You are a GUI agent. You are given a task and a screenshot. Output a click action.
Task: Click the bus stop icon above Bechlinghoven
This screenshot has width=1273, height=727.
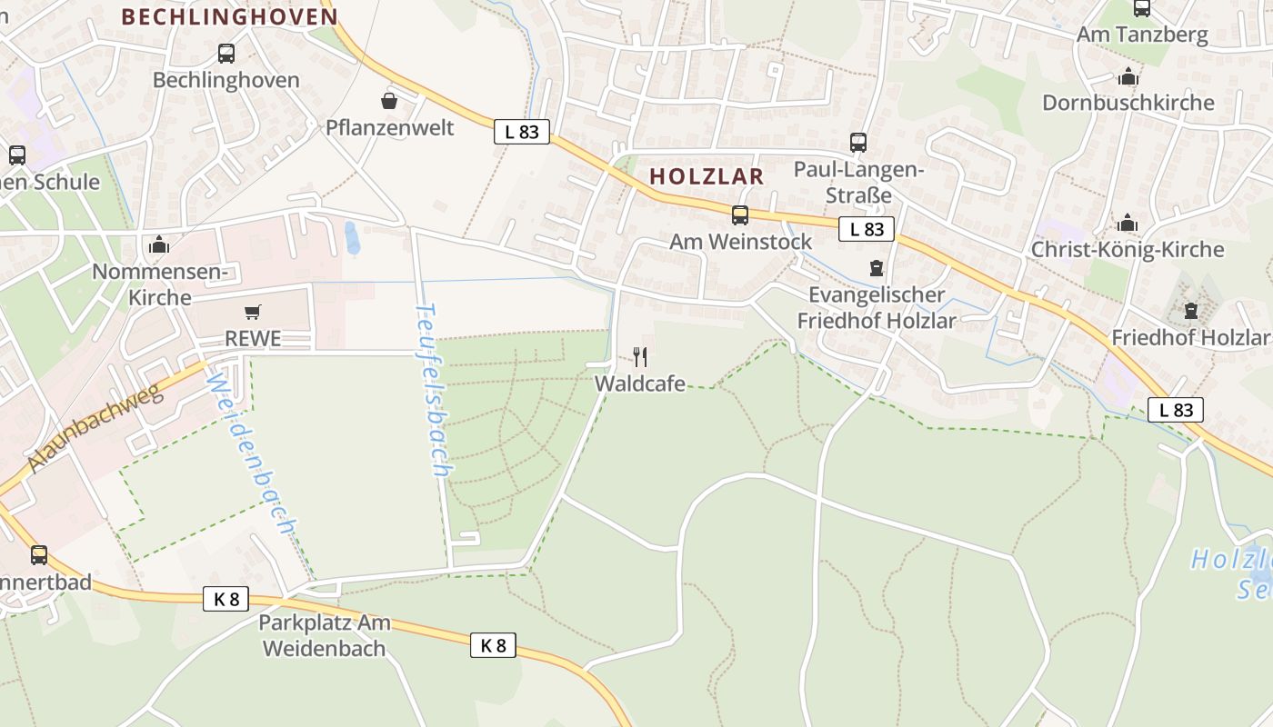pyautogui.click(x=226, y=54)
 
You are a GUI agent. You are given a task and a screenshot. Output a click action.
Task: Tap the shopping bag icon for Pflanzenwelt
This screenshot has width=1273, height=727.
pyautogui.click(x=389, y=100)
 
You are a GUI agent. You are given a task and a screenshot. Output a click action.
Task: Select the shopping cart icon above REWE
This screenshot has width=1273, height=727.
pyautogui.click(x=253, y=313)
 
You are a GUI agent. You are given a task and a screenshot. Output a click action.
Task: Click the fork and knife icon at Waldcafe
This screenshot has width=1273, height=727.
pyautogui.click(x=640, y=356)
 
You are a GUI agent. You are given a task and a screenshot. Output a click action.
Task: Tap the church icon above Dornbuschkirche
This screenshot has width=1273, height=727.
pyautogui.click(x=1128, y=76)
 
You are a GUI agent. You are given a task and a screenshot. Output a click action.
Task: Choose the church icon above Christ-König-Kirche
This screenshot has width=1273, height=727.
pyautogui.click(x=1128, y=223)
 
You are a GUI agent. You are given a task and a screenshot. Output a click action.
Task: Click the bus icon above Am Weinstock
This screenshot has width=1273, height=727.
pyautogui.click(x=740, y=215)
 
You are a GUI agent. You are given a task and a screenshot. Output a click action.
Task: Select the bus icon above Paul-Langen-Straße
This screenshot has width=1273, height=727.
pyautogui.click(x=858, y=143)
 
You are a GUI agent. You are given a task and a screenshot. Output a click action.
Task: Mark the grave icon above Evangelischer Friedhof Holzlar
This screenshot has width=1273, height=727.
pyautogui.click(x=877, y=268)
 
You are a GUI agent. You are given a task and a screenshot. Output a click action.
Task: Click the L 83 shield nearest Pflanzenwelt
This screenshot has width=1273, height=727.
pyautogui.click(x=522, y=132)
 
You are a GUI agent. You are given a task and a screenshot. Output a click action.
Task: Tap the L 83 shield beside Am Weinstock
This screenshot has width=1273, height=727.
pyautogui.click(x=867, y=229)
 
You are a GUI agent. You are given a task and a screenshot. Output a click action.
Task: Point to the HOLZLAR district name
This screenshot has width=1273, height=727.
pyautogui.click(x=707, y=176)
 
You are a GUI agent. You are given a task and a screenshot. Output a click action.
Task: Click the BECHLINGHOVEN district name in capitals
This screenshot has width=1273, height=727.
pyautogui.click(x=229, y=16)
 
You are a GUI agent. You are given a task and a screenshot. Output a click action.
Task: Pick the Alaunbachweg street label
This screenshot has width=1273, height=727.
pyautogui.click(x=95, y=428)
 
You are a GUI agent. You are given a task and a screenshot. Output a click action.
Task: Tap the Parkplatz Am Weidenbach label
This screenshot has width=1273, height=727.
pyautogui.click(x=325, y=635)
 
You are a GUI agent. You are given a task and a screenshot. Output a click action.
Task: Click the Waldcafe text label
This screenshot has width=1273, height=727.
pyautogui.click(x=640, y=383)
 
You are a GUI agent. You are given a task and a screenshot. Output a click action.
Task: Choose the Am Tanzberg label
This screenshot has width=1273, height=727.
pyautogui.click(x=1142, y=35)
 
